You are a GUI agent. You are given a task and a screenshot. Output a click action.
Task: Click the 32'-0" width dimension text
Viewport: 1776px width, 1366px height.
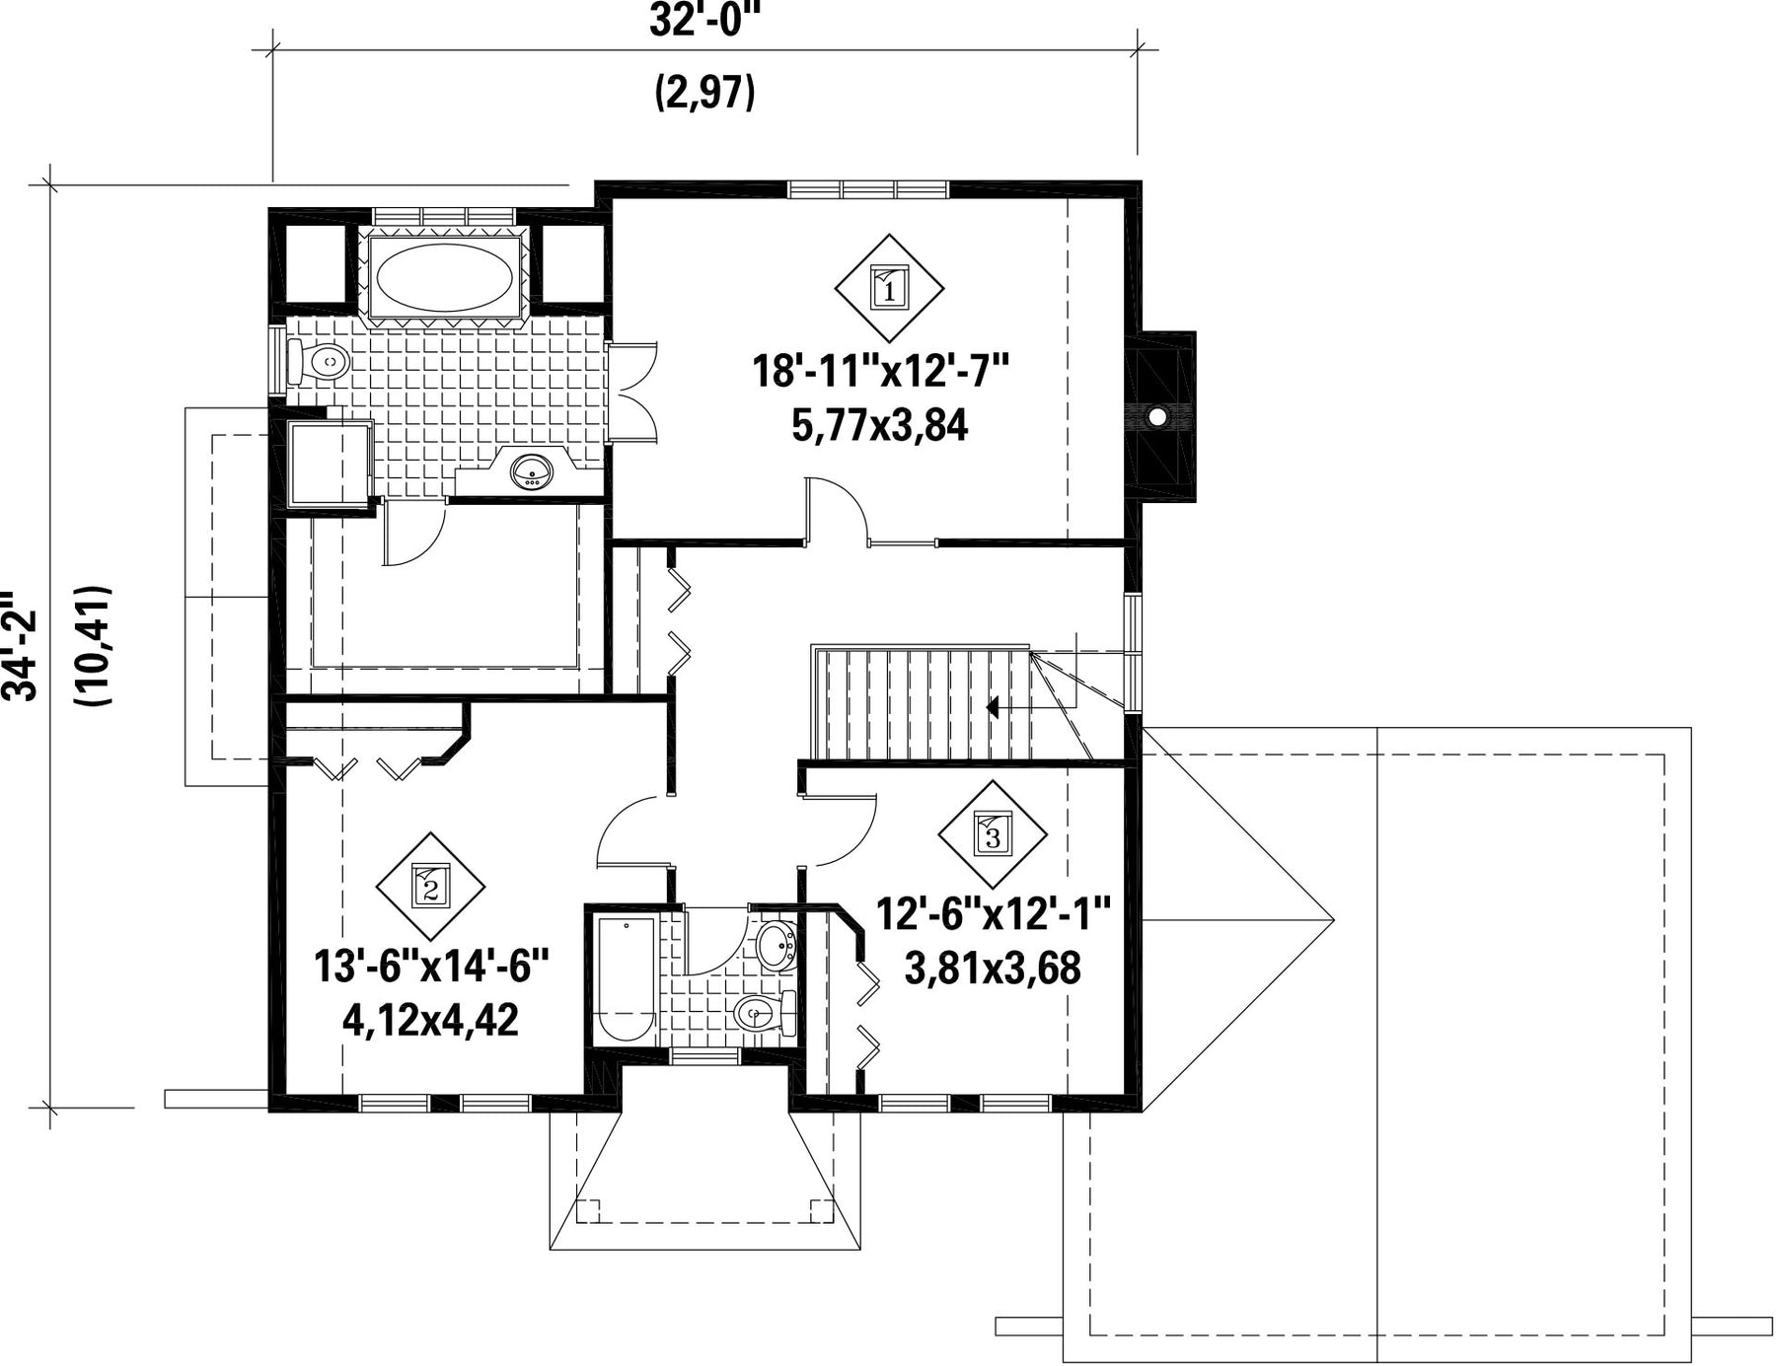point(707,21)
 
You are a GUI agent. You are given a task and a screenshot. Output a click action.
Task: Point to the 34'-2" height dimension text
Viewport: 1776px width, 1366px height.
point(20,646)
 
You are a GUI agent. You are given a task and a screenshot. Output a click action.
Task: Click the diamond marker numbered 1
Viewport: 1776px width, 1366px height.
point(890,288)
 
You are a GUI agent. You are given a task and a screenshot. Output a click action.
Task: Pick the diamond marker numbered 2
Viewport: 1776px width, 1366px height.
point(431,887)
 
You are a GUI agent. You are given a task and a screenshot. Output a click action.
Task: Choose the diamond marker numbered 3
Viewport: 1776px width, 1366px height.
point(993,835)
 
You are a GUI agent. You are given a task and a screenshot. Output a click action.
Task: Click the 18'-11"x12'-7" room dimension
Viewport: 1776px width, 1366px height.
point(881,372)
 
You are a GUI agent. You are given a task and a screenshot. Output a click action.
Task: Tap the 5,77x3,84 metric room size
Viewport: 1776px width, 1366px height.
point(879,425)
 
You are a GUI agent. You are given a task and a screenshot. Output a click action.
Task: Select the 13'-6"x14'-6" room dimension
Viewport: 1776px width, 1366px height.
point(431,966)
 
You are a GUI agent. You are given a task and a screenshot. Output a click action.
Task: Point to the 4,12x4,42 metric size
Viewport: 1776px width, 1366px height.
point(430,1020)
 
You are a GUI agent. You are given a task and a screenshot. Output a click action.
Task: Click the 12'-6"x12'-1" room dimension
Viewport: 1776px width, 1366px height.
point(994,913)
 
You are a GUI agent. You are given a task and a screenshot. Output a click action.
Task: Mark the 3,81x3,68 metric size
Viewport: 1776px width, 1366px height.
point(993,968)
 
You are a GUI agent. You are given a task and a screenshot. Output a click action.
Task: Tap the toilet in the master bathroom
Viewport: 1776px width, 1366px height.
point(318,363)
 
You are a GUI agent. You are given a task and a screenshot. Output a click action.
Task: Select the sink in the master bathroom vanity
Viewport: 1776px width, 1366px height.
point(532,471)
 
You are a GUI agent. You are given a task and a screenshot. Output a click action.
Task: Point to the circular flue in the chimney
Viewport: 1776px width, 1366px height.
point(1156,417)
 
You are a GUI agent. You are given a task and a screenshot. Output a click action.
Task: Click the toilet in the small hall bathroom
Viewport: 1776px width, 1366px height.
point(766,1012)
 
